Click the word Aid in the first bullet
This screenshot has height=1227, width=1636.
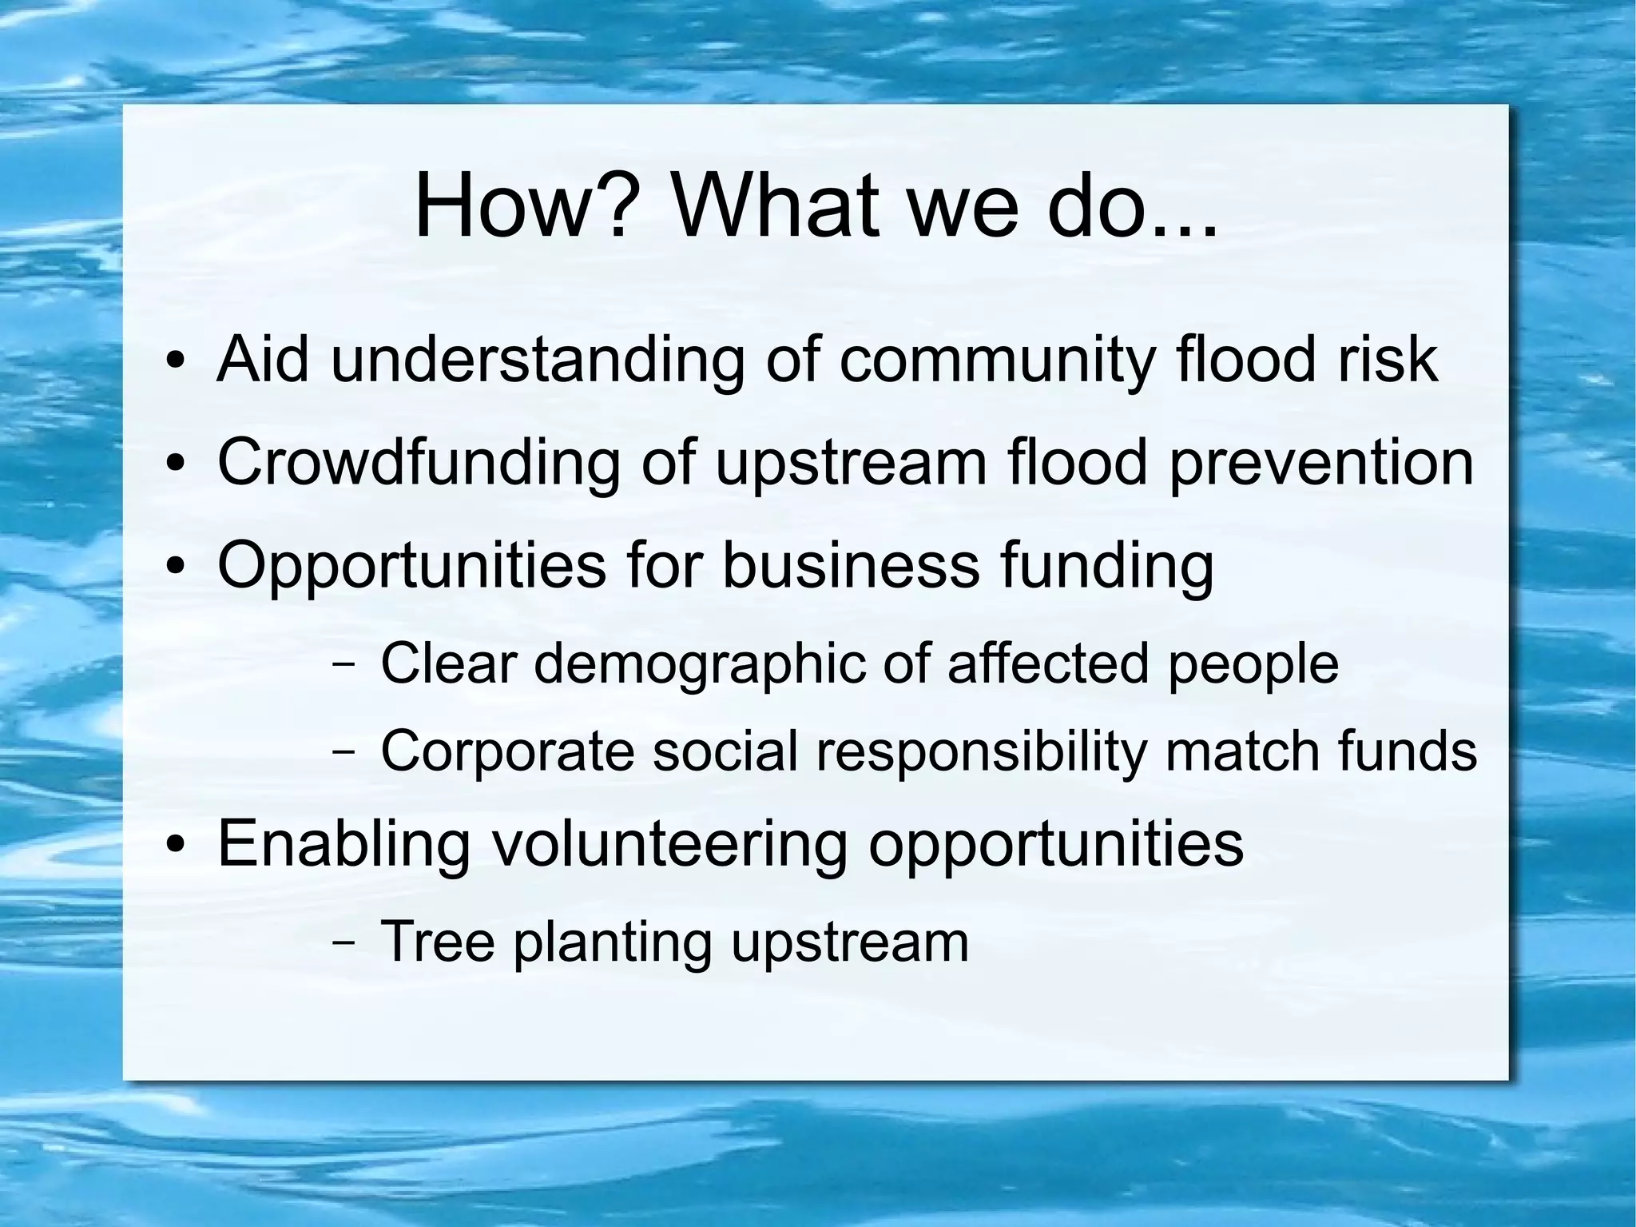click(x=263, y=359)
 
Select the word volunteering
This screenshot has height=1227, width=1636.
click(x=669, y=845)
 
